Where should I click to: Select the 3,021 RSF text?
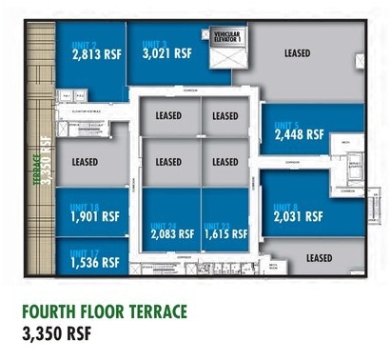click(x=167, y=53)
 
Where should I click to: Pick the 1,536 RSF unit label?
click(x=94, y=261)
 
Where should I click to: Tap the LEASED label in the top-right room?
click(x=297, y=53)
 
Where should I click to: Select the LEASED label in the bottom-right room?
click(x=320, y=258)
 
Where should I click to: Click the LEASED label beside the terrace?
click(x=86, y=162)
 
